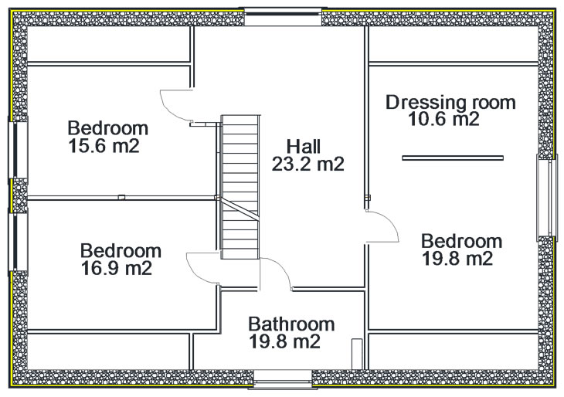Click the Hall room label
coord(303,147)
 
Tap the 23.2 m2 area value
coord(308,164)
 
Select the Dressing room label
coord(450,103)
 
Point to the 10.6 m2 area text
coord(444,119)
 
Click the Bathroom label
coord(291,324)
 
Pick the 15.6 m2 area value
coord(104,146)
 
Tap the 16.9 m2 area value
coord(117,268)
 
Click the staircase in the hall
coord(240,187)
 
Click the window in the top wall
coord(283,16)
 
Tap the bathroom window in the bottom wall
coord(282,379)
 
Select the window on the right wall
coord(547,198)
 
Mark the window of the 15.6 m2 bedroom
coord(18,150)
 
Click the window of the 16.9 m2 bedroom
coord(18,242)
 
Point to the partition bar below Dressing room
coord(453,158)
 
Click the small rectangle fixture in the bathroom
coord(357,354)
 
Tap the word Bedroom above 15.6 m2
coord(108,128)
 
